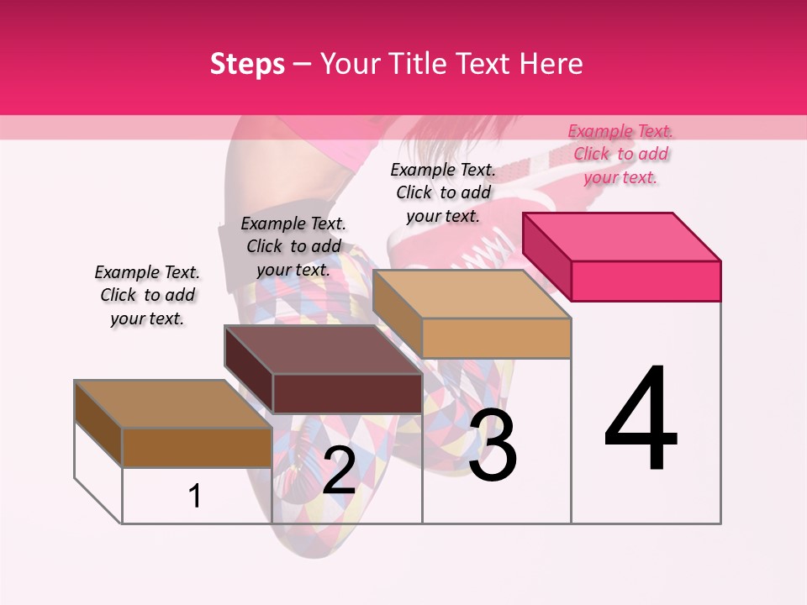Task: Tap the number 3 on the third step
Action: coord(493,445)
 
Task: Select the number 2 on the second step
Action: coord(339,471)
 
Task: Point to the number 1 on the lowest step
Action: coord(195,496)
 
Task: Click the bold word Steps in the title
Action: coord(247,64)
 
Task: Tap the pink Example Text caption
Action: coord(620,154)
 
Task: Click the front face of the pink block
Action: coord(646,281)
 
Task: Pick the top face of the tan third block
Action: coord(471,294)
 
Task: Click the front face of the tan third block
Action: coord(496,338)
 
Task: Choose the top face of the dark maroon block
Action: coord(323,350)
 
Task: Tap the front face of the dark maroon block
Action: coord(347,393)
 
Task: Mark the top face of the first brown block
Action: coord(173,404)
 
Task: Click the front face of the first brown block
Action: coord(197,447)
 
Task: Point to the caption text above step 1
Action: coord(147,295)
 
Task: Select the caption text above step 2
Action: coord(293,246)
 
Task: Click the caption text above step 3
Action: coord(443,192)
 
